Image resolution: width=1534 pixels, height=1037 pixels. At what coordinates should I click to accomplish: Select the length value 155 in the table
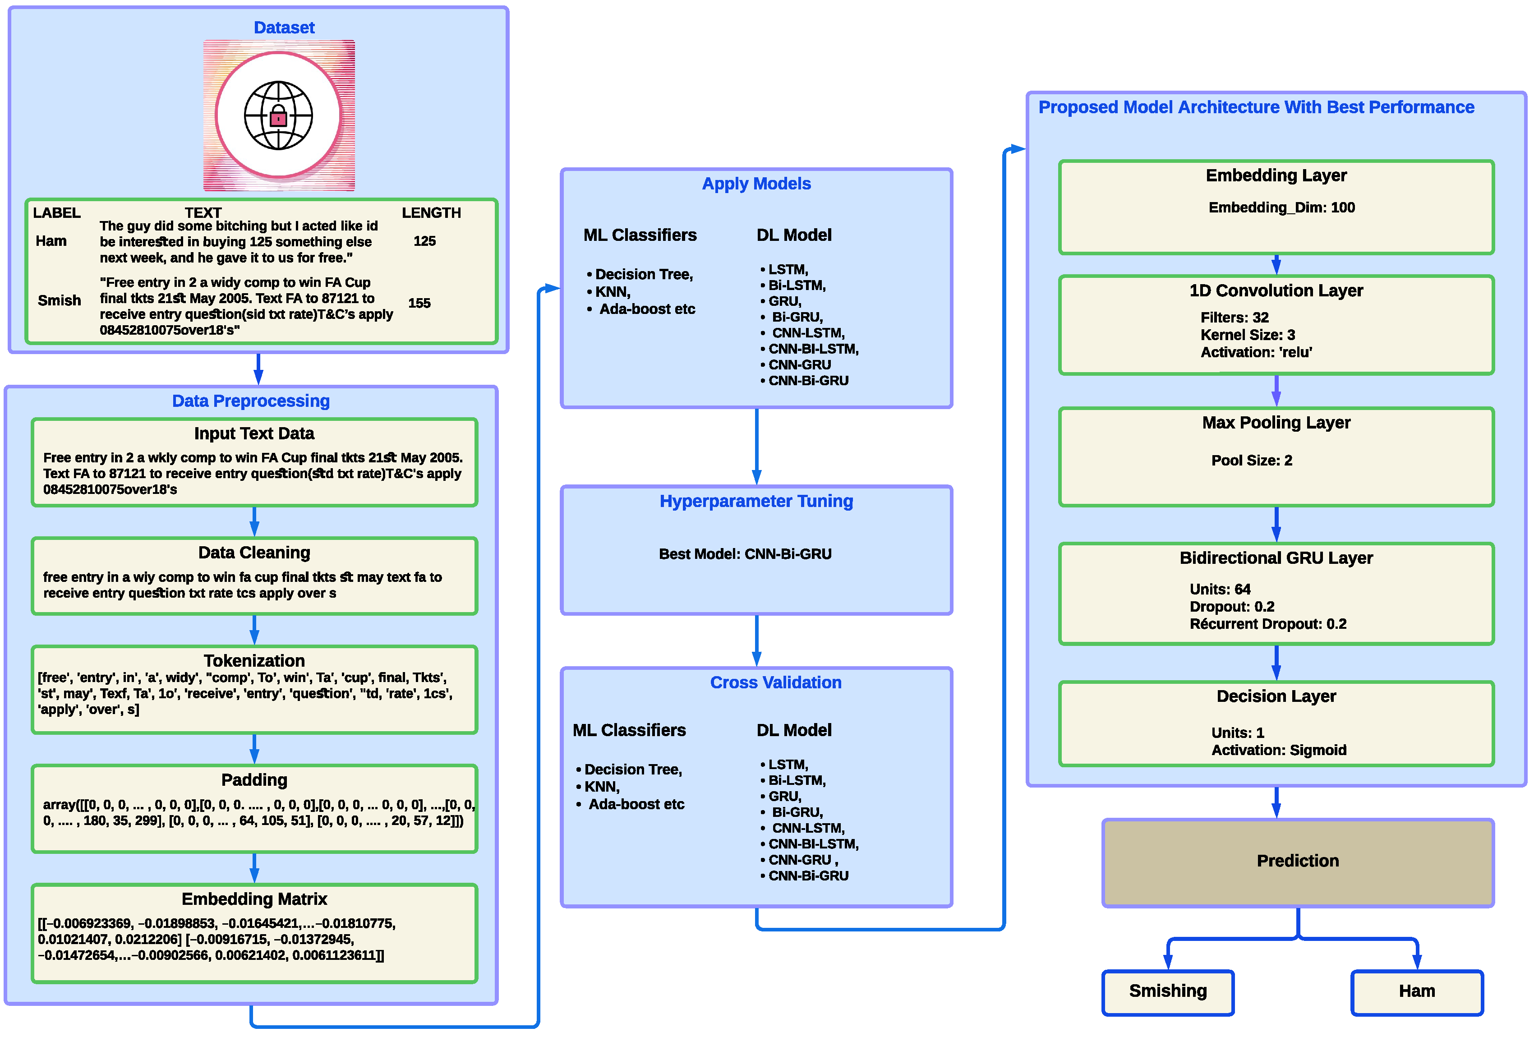419,303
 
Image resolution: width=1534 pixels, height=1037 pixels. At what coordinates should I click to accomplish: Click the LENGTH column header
431,212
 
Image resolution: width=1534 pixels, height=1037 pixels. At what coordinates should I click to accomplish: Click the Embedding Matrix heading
254,899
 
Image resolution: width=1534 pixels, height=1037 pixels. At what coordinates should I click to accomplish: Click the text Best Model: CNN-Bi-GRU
745,554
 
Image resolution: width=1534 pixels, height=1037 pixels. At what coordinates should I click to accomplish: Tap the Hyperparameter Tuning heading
756,501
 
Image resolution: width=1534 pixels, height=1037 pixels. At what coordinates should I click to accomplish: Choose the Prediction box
1297,862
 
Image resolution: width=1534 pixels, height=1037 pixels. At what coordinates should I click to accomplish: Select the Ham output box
1417,991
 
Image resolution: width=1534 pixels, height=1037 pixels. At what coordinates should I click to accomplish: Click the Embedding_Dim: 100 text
1281,207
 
